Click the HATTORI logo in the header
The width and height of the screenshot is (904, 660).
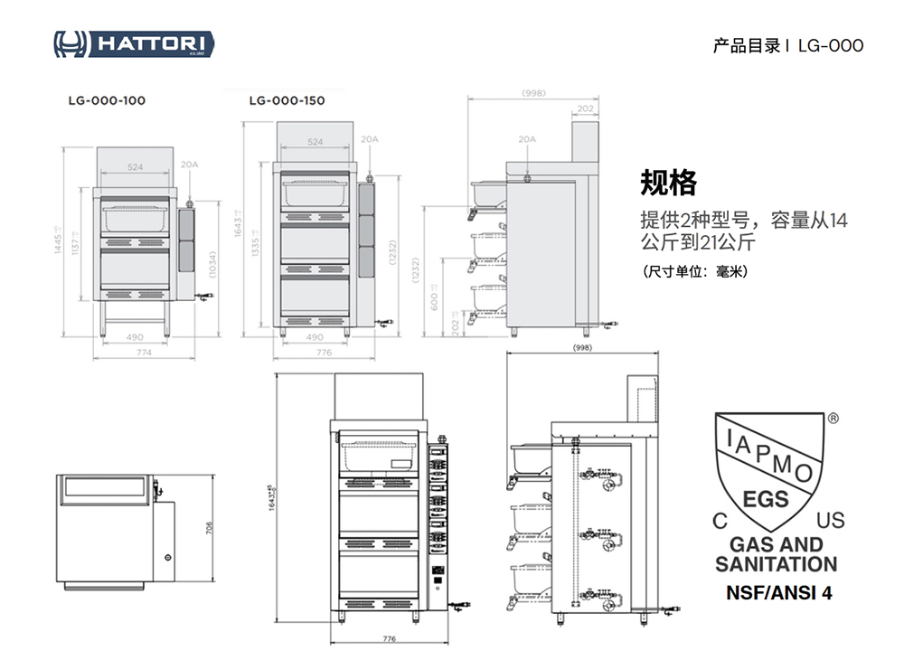pos(134,43)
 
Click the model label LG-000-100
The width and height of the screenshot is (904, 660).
pos(107,101)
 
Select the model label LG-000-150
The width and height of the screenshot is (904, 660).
pos(287,101)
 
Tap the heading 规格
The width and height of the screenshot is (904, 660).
pos(668,184)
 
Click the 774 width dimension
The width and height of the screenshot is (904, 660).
pos(144,354)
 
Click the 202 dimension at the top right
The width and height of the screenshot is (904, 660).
pos(585,108)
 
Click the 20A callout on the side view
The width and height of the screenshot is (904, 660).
pos(527,139)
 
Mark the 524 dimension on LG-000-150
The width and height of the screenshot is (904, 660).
pos(315,143)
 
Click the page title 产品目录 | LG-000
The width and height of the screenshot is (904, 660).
pos(787,45)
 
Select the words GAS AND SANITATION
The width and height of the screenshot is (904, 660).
pos(777,554)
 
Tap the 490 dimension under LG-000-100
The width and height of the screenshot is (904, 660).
pos(136,337)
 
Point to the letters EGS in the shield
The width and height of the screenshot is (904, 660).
pos(766,499)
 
